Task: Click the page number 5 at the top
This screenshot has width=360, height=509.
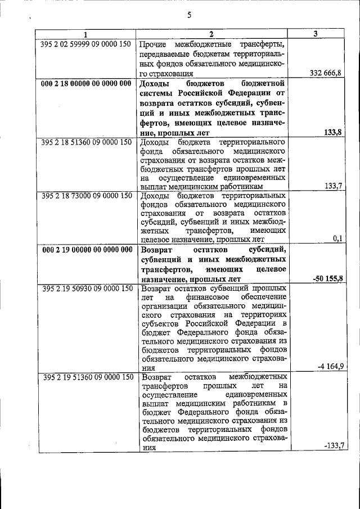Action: [190, 15]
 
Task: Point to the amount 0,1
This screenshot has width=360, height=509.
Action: [337, 238]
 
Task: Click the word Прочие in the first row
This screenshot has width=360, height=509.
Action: [153, 44]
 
